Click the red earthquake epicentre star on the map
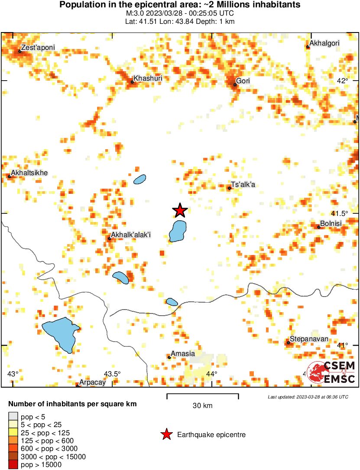(180, 210)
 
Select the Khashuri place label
(148, 78)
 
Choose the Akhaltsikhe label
(29, 173)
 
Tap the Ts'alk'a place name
(243, 185)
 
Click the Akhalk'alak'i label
(130, 235)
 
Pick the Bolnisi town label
(331, 223)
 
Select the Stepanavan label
(309, 339)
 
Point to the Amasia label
(183, 354)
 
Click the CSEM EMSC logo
(333, 372)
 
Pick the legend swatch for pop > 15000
(13, 464)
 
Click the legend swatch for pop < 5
(13, 417)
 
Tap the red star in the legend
(166, 434)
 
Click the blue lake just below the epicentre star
(177, 231)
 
